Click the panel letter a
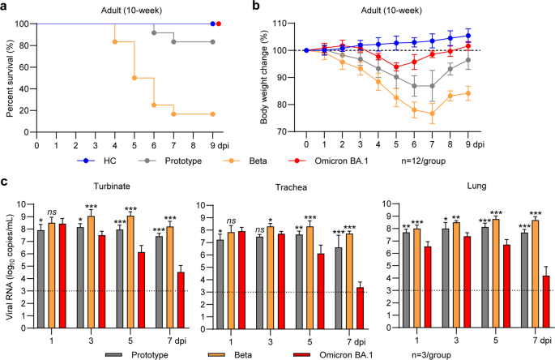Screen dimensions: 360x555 click(6, 6)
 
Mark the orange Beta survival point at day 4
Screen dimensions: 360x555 click(115, 41)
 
